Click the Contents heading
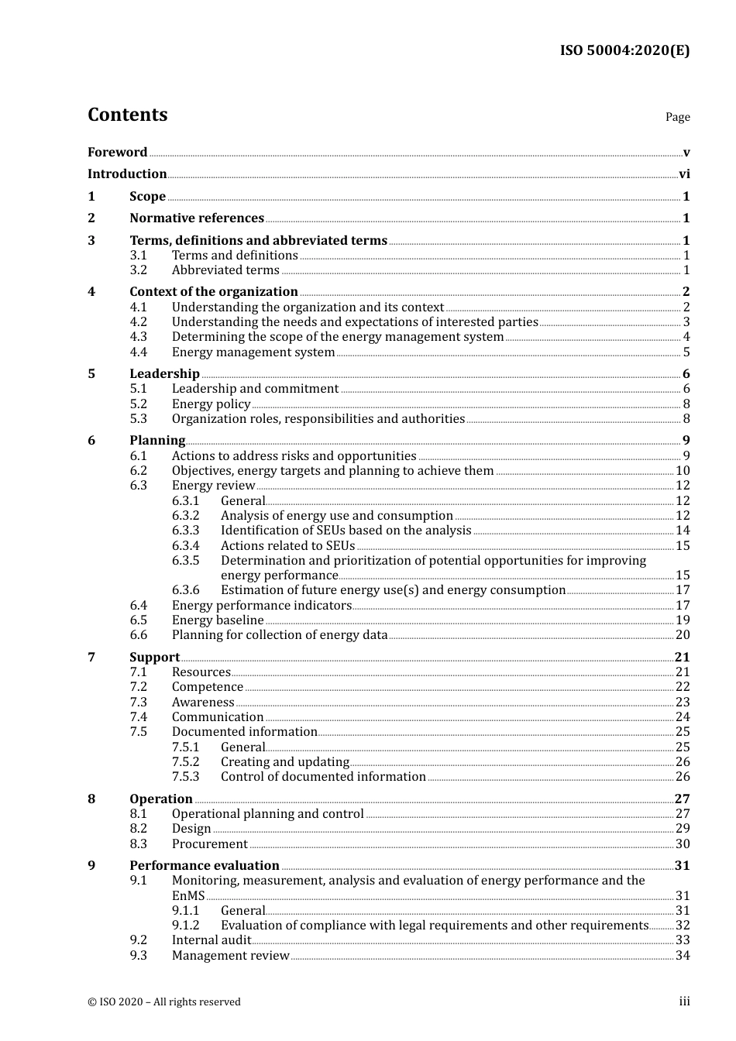point(127,115)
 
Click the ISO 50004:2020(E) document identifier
point(624,50)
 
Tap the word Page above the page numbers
point(677,117)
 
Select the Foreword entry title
point(117,153)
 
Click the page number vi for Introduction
point(684,174)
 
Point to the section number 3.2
point(138,270)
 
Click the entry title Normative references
point(197,218)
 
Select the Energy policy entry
point(211,404)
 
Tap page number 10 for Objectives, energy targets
point(683,471)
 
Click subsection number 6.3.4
point(185,546)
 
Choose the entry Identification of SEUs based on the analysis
point(346,531)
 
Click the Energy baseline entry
point(218,620)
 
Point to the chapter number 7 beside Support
point(91,658)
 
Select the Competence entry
point(207,687)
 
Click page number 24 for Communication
point(683,717)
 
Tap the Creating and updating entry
point(284,762)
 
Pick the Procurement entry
point(209,844)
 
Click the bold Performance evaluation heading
point(204,866)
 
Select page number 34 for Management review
point(683,956)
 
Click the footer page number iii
point(684,1001)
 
